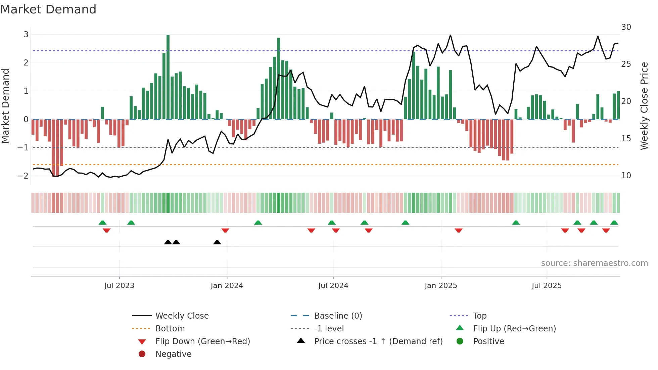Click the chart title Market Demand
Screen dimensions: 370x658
coord(48,9)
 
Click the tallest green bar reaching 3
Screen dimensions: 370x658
coord(168,77)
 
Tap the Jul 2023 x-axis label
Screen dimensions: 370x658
coord(119,286)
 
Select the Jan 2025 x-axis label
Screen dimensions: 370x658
coord(441,286)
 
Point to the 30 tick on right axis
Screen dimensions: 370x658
coord(626,27)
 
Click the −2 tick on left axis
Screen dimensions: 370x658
coord(23,176)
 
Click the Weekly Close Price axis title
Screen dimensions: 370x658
coord(644,106)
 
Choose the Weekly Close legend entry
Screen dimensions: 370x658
coord(182,316)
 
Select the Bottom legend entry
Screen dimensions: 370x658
coord(170,329)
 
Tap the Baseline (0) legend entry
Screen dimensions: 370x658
coord(338,316)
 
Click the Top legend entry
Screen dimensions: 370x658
coord(479,316)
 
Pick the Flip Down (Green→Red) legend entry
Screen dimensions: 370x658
coord(202,341)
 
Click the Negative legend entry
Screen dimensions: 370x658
coord(173,354)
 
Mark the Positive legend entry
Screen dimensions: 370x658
coord(488,341)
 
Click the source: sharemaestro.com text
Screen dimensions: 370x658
coord(594,263)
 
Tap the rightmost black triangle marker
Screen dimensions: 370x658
coord(217,242)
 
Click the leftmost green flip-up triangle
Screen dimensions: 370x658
coord(102,222)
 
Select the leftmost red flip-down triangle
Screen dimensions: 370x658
coord(106,231)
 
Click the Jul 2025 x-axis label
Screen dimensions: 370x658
coord(547,286)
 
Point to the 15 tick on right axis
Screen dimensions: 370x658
coord(626,138)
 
